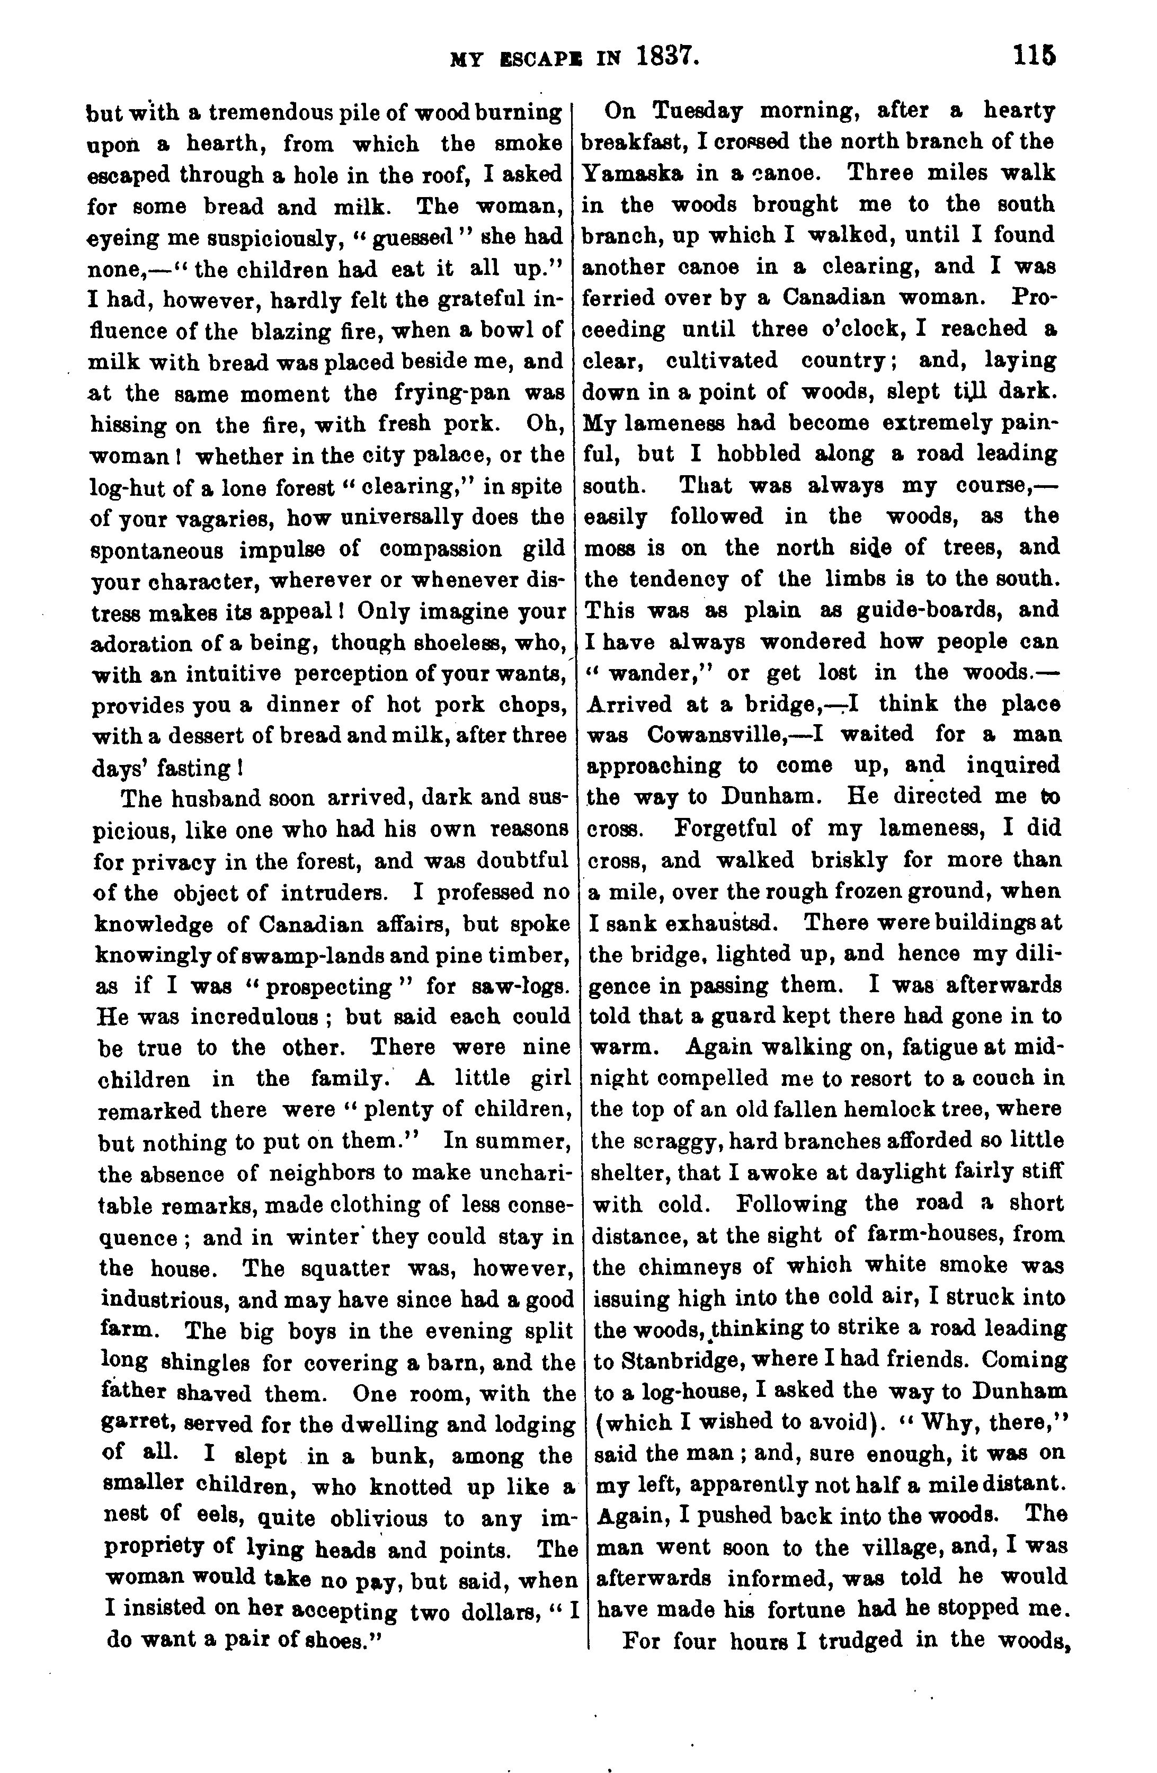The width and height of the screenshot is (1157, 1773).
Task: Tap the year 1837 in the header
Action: point(667,57)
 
